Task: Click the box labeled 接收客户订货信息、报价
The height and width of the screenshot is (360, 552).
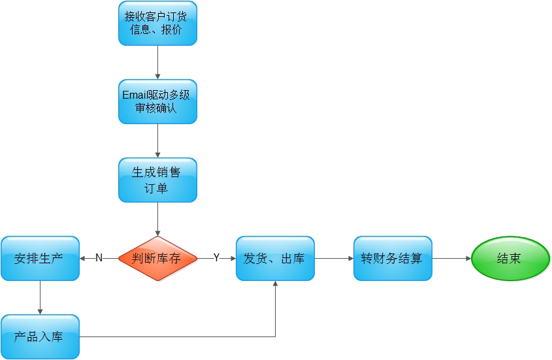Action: point(157,24)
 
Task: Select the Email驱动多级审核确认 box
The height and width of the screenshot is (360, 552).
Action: point(157,101)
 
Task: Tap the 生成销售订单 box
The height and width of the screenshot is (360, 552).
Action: point(157,180)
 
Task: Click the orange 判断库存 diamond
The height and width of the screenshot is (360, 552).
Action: point(157,258)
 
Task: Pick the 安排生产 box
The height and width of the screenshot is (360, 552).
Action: point(40,258)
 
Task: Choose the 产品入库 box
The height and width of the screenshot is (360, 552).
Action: point(40,336)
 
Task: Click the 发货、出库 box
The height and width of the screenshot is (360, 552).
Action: point(275,258)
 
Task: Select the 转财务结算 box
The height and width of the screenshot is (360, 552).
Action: point(393,258)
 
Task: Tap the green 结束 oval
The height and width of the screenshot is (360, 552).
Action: point(510,258)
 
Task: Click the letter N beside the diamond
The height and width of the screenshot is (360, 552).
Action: point(99,258)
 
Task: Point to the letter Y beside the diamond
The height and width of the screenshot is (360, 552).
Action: point(216,258)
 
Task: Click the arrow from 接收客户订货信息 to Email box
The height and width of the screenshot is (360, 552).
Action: point(157,62)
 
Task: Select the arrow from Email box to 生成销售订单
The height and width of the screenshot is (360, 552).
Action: point(157,140)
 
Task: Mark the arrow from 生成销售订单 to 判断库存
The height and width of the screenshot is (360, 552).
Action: point(157,219)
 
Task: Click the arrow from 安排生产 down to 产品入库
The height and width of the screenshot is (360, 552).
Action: point(40,297)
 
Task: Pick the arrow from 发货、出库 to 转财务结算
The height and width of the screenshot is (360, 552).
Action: point(334,258)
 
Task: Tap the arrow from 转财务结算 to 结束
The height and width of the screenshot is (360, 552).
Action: point(451,258)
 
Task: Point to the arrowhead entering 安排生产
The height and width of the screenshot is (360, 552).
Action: point(83,258)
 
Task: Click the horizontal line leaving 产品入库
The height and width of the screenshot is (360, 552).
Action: point(176,336)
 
